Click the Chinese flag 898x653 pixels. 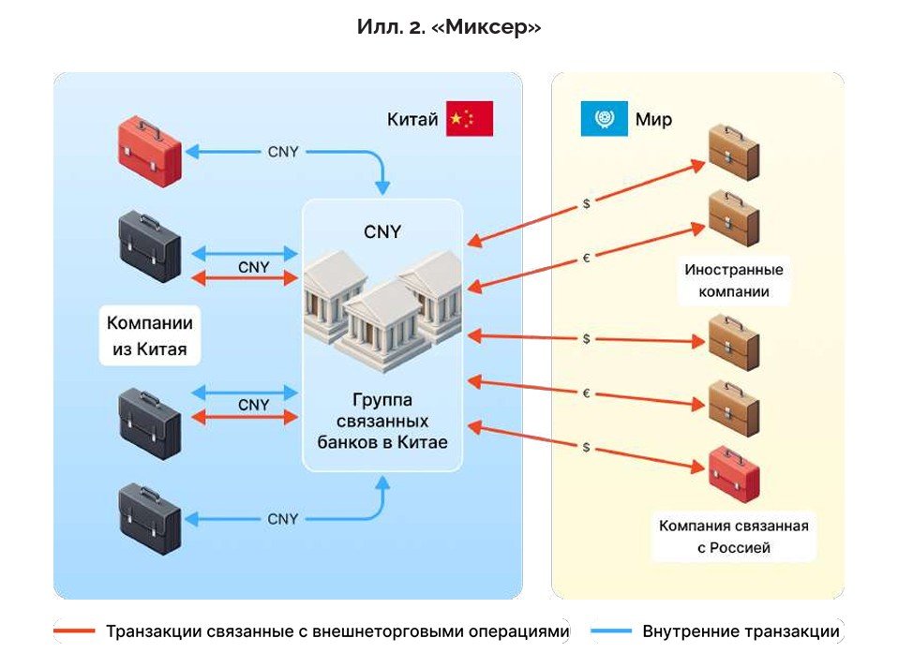469,119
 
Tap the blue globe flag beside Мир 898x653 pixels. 604,119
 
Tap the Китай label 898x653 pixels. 412,120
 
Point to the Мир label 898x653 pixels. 653,120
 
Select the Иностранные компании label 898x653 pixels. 733,280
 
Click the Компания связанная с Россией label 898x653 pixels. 733,537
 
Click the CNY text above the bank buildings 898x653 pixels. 382,231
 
